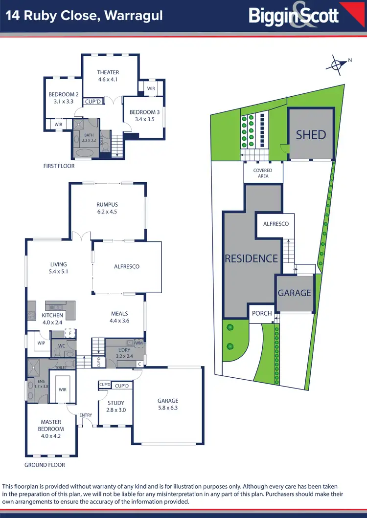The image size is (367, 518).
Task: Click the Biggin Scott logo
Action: coord(294,16)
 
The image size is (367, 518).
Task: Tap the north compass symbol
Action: coord(337,65)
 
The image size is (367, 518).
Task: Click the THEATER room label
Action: coord(108,72)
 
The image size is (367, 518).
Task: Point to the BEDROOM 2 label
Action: coord(64,95)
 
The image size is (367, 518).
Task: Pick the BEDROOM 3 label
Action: coord(142,112)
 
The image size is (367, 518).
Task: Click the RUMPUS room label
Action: coord(107,205)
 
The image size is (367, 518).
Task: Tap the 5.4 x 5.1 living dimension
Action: coord(59,271)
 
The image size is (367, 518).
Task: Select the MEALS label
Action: coord(119,314)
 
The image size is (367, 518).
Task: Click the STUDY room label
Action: coord(115,403)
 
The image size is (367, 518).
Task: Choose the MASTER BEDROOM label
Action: coord(51,426)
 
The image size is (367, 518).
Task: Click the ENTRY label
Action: coord(86,415)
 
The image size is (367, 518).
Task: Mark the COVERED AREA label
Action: coord(263,173)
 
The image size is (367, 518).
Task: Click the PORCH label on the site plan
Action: coord(262,313)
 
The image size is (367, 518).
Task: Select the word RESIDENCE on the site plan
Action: coord(252,259)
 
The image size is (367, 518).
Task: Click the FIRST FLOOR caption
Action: coord(59,166)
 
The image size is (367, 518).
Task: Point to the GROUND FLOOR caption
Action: coord(45,465)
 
